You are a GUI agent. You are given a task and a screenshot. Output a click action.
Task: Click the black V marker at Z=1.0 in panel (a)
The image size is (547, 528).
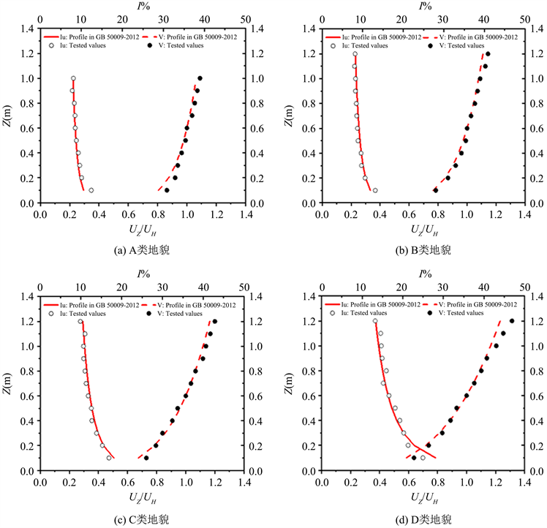200,78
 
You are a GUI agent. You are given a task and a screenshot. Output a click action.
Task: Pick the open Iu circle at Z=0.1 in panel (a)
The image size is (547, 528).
91,190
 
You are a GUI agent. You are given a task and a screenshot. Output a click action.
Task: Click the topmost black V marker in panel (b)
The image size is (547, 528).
488,53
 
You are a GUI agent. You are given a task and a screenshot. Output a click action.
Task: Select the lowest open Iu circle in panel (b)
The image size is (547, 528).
375,190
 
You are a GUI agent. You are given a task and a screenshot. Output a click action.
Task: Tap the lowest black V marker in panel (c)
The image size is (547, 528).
146,458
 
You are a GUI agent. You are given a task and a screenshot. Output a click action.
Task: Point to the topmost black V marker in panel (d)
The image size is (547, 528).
512,320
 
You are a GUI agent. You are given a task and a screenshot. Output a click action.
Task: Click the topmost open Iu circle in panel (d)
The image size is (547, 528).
375,320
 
